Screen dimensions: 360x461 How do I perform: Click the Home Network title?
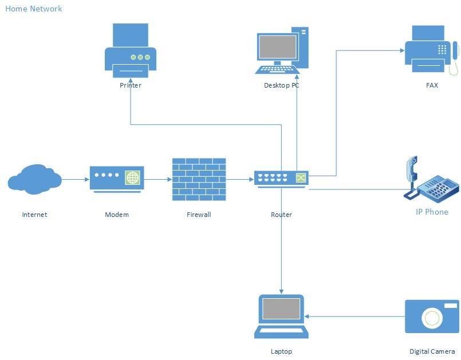[34, 9]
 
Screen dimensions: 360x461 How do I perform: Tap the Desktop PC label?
[281, 85]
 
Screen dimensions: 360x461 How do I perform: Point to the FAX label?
[432, 85]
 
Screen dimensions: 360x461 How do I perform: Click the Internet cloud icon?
[34, 179]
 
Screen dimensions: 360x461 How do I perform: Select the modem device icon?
[117, 179]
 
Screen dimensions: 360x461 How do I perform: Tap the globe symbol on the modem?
[133, 177]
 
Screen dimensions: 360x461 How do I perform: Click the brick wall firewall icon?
[199, 179]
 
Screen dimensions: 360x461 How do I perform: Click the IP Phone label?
[432, 212]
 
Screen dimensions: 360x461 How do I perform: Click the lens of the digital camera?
[431, 317]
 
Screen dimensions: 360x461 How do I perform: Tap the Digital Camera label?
[432, 351]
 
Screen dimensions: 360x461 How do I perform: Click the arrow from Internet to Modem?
[75, 179]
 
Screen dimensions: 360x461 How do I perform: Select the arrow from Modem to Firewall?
[158, 179]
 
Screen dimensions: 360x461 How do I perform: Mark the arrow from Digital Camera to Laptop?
[354, 316]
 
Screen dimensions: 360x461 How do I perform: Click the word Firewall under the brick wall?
[199, 215]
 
